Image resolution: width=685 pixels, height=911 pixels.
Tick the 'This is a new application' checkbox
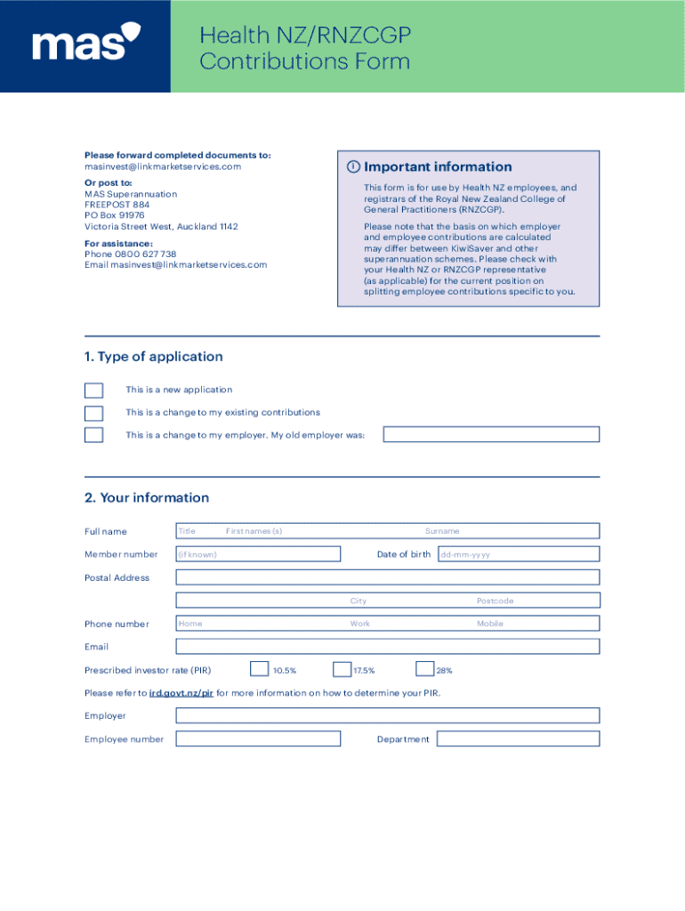tap(93, 391)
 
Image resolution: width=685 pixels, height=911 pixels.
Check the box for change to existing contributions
tap(93, 413)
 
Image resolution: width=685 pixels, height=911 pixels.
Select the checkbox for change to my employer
tap(93, 435)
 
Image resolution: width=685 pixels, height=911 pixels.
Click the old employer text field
tap(491, 434)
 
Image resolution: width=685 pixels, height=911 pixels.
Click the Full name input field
tap(387, 531)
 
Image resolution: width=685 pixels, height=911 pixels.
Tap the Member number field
tap(258, 554)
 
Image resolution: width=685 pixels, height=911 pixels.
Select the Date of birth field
tap(518, 554)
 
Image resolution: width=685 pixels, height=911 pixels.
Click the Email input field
tap(387, 647)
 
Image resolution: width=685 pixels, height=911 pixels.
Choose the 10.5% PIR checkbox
tap(259, 669)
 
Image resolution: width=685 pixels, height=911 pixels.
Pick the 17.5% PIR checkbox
tap(342, 669)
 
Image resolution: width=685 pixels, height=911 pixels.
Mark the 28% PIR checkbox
tap(424, 669)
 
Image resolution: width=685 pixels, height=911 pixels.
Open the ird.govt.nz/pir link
tap(181, 693)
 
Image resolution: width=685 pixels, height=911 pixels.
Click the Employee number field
tap(258, 739)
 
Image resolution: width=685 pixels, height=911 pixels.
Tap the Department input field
tap(518, 739)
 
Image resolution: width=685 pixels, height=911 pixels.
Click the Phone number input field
tap(387, 624)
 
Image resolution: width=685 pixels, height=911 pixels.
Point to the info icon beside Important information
tap(353, 167)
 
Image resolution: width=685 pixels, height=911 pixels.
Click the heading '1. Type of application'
tap(153, 357)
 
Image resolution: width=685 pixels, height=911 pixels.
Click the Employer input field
tap(387, 716)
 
